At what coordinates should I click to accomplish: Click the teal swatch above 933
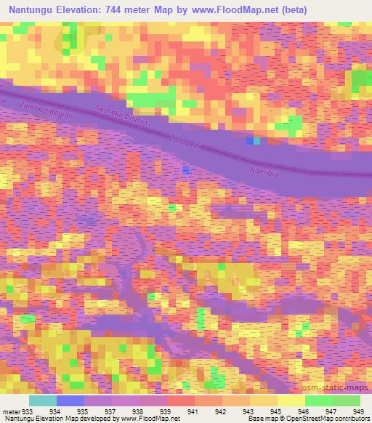[x=43, y=400]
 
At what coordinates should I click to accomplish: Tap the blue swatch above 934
[x=70, y=400]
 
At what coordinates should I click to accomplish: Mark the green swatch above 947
[x=319, y=400]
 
